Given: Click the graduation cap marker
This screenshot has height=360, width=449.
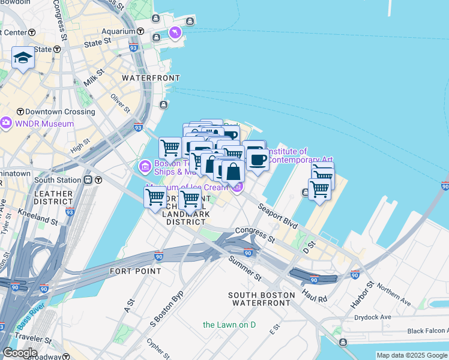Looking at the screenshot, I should (x=23, y=58).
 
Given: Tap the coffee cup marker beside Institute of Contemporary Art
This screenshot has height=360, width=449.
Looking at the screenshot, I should (x=258, y=160).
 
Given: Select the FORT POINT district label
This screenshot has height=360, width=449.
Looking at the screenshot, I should (x=135, y=271).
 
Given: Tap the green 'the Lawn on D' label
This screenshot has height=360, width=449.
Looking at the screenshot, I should (x=229, y=325).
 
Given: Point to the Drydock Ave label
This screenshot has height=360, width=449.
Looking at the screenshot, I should (x=372, y=317).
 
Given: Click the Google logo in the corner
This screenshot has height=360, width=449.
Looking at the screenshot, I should (x=20, y=353).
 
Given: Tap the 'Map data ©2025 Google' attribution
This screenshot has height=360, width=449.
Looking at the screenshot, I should (x=412, y=355).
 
